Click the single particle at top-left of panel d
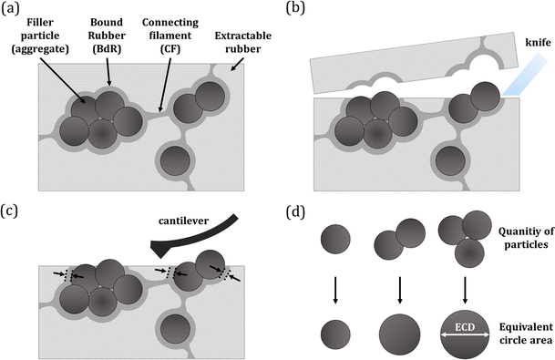tap(334, 241)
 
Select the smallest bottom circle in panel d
tap(334, 328)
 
